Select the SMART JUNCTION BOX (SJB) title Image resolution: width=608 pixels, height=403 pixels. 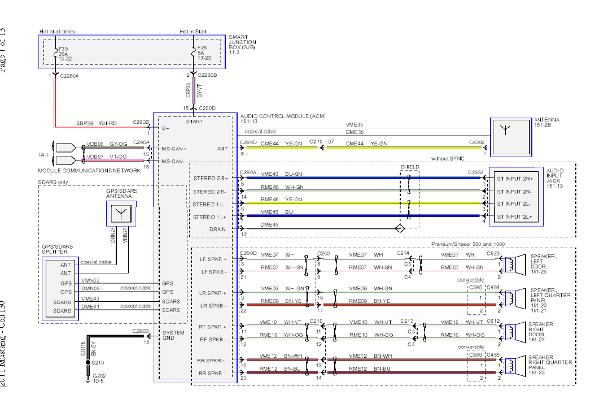(x=242, y=42)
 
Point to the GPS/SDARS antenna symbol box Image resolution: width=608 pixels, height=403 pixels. (x=120, y=213)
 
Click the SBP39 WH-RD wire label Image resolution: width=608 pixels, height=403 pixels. (x=96, y=122)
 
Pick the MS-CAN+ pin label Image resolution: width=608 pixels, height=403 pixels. (x=173, y=149)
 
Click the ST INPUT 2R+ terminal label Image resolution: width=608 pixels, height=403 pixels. (x=514, y=178)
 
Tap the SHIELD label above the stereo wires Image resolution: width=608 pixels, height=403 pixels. (x=410, y=167)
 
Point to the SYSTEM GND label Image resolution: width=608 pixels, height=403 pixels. (x=173, y=335)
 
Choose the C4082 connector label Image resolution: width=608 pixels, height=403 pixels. (x=477, y=143)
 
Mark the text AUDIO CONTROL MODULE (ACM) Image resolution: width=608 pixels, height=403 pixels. (x=274, y=115)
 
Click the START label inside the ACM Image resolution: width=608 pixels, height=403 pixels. (x=195, y=122)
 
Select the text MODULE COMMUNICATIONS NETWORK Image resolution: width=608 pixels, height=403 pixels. (x=89, y=170)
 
